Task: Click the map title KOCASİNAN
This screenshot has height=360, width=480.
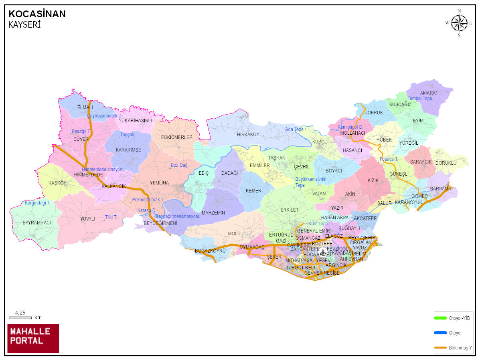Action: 37,14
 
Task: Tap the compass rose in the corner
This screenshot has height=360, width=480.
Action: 459,23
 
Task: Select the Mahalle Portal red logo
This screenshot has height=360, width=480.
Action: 33,338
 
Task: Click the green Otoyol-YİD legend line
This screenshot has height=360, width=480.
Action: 440,318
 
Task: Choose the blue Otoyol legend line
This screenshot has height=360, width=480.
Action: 440,332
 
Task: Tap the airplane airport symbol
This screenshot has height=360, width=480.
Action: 323,252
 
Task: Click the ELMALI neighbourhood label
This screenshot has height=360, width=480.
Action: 85,107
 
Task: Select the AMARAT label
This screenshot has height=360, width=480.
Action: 429,93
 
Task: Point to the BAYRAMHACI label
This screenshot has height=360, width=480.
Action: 37,222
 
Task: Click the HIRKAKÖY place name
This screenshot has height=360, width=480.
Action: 248,135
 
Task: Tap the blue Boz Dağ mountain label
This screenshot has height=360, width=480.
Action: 179,165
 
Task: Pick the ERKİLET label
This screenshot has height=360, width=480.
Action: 290,210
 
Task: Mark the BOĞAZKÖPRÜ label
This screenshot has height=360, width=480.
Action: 210,251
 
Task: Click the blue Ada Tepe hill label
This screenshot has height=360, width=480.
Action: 294,129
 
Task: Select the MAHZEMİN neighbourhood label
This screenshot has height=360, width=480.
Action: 213,212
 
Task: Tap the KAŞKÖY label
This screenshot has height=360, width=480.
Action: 57,183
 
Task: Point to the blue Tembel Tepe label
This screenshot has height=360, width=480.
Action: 420,99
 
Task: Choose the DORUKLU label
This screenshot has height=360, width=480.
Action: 446,163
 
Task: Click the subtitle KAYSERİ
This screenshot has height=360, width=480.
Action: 24,25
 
